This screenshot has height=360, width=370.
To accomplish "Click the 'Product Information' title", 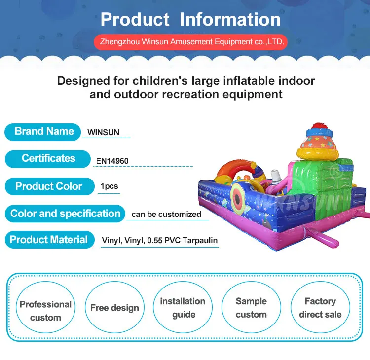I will pos(190,19).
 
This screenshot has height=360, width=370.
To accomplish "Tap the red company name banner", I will pos(190,42).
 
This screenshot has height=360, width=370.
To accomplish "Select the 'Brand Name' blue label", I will pos(43,132).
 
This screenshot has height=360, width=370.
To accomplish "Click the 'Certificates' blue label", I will pos(48,159).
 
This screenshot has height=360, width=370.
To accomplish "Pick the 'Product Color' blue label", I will pos(48,186).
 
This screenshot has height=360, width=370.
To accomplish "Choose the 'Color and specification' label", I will pos(65,214).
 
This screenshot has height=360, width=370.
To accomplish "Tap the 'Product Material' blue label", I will pos(49,240).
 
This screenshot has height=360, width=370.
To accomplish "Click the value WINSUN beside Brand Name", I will pos(103,132).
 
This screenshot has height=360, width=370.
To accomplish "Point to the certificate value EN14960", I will pos(112,161).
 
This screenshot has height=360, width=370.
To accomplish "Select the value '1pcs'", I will pos(109,187).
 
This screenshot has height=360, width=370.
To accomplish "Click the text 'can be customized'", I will pos(166,214).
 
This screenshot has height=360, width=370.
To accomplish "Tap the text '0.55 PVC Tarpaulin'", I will pos(182,241).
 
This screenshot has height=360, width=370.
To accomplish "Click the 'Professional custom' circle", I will pos(45,311).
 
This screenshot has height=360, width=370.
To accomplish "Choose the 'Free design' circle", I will pos(115,308).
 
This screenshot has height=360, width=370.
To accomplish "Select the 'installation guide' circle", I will pos(183,308).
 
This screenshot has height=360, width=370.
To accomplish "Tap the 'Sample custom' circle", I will pos(251,308).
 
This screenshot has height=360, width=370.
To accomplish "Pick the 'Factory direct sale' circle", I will pos(320,308).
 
